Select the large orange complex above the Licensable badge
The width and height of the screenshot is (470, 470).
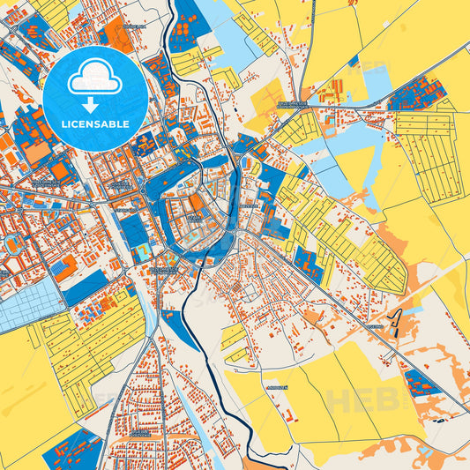coord(117,35)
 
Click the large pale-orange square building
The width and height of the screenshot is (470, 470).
coord(37,152)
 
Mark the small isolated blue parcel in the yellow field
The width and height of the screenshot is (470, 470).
coord(353,62)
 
